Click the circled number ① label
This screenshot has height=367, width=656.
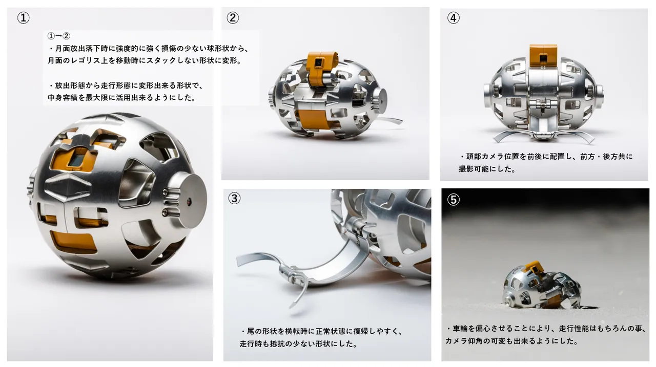click(x=24, y=18)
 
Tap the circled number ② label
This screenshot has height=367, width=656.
click(x=233, y=18)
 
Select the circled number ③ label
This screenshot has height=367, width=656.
click(x=234, y=198)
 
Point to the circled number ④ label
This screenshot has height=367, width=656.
click(x=454, y=18)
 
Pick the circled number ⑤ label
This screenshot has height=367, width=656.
click(x=454, y=200)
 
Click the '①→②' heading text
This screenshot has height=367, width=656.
click(x=58, y=36)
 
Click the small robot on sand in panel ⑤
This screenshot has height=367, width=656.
click(x=542, y=286)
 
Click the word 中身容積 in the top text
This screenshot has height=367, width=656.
click(x=63, y=97)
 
